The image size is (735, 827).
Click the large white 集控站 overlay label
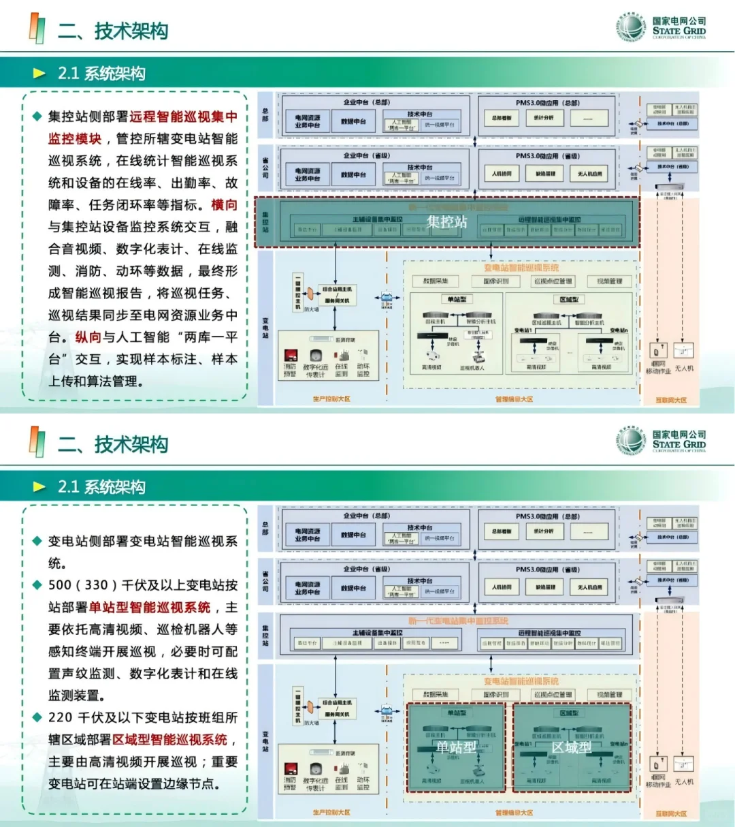tap(447, 221)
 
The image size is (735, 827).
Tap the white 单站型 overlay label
tap(455, 747)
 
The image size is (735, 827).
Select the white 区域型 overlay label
tap(571, 747)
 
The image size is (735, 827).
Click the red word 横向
tap(224, 205)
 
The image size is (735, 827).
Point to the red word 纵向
tap(88, 337)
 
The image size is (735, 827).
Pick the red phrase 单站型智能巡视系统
tap(150, 607)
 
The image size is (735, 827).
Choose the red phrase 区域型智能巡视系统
tap(170, 739)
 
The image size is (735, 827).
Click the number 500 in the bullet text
tap(60, 585)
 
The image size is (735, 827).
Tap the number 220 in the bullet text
tap(60, 717)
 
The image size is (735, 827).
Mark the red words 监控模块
tap(75, 139)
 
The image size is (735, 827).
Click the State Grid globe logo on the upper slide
tap(632, 27)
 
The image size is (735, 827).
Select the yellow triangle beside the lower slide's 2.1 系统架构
tap(39, 487)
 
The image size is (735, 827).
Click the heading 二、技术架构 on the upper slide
tap(113, 31)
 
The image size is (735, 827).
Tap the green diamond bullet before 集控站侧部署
tap(37, 116)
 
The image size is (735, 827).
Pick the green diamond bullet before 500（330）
tap(37, 585)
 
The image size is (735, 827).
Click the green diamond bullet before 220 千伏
tap(37, 717)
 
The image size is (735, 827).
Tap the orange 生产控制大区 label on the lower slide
tap(331, 813)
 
